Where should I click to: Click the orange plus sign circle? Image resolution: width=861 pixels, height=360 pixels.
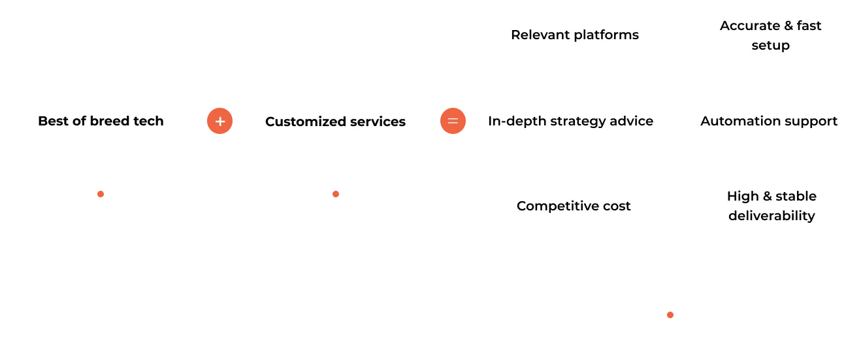220,122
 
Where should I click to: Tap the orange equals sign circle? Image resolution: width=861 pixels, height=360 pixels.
453,122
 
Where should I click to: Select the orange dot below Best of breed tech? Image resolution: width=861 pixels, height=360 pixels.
100,193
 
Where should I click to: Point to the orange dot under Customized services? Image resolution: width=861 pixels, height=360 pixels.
335,193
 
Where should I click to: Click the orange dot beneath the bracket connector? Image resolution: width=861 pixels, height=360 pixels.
670,314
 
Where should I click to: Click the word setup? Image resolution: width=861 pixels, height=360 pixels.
771,45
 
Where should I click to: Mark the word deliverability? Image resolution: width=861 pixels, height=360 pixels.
772,216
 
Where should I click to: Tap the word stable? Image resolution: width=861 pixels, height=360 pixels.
796,196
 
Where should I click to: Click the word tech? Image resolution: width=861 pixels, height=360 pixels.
149,122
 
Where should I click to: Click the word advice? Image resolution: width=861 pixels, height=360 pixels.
633,122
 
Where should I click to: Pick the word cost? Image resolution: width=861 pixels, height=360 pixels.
617,206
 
